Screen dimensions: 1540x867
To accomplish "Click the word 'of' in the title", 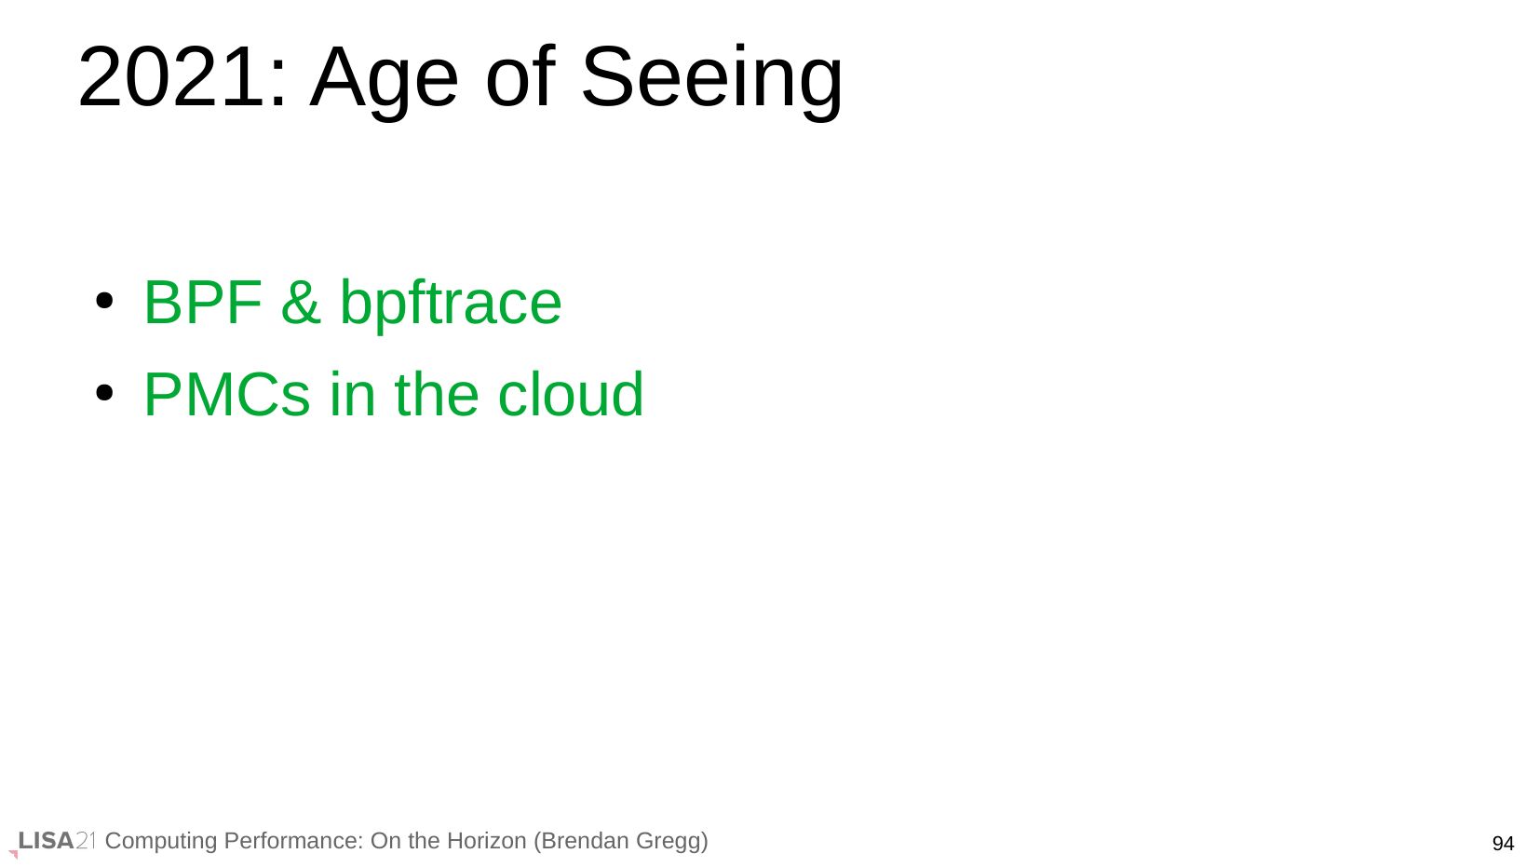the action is coord(520,76).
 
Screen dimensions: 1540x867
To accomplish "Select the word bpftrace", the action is coord(451,306).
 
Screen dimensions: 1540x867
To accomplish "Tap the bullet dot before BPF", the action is coord(104,301).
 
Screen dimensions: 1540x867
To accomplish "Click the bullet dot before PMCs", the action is coord(104,393).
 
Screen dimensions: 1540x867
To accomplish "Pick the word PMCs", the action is coord(227,395).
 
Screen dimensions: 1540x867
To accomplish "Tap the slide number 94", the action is coord(1503,843).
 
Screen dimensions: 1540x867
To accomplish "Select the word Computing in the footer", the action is coord(161,842).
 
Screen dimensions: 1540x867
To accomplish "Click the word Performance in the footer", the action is coord(293,841).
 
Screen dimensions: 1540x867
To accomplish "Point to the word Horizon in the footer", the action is coord(485,841).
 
